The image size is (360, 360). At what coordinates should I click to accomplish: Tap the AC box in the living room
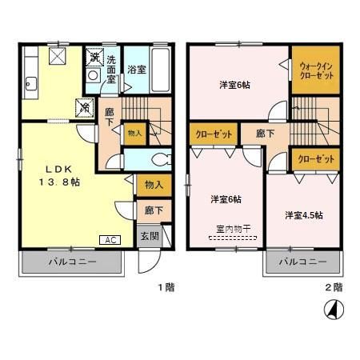point(108,238)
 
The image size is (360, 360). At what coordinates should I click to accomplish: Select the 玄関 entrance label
point(150,236)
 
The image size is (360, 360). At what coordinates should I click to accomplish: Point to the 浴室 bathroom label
point(136,70)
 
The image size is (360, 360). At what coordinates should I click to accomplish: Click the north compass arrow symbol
point(330,307)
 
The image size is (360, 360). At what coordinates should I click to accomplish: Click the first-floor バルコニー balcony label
point(71,262)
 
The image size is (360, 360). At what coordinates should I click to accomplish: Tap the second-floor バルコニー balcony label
point(302,262)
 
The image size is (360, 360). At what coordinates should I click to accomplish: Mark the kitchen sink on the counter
point(32,82)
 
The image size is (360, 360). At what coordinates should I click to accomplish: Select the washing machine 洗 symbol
point(94,58)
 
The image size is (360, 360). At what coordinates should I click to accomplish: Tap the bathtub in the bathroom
point(161,67)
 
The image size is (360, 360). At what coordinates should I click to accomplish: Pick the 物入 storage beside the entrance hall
point(154,186)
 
